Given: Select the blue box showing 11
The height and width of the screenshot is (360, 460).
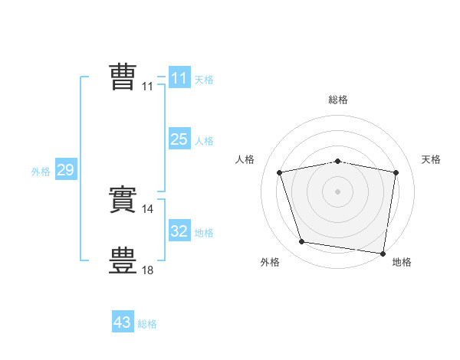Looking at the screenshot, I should tap(179, 78).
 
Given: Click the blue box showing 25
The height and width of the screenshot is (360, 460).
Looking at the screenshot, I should tap(179, 139).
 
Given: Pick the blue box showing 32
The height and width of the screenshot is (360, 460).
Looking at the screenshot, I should tap(179, 231).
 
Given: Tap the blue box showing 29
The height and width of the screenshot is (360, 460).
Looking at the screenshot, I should tap(65, 170).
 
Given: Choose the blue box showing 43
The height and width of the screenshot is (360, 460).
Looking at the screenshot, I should tap(122, 322).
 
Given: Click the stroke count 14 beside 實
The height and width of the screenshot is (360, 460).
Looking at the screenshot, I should tap(149, 208).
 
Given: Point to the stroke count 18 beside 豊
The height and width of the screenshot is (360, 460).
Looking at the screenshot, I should tap(149, 270).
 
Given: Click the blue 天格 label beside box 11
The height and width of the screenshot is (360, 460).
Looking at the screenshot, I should tap(204, 80).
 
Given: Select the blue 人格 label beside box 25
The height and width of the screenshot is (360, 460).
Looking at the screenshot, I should tap(204, 141).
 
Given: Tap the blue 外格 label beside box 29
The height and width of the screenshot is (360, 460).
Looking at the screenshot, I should tap(41, 172).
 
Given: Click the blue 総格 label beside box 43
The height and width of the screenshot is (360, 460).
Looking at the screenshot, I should tap(147, 324).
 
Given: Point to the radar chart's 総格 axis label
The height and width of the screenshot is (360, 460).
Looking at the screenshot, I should tap(338, 100).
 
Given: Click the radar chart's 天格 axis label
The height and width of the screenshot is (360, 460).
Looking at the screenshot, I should tap(431, 159).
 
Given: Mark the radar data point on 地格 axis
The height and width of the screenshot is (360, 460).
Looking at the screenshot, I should tap(383, 253).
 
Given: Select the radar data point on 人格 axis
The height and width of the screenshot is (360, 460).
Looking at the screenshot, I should tap(280, 172).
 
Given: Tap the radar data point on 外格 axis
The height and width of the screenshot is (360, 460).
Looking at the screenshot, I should tap(302, 242).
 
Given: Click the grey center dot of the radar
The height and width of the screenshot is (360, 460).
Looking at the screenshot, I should tap(338, 191).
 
